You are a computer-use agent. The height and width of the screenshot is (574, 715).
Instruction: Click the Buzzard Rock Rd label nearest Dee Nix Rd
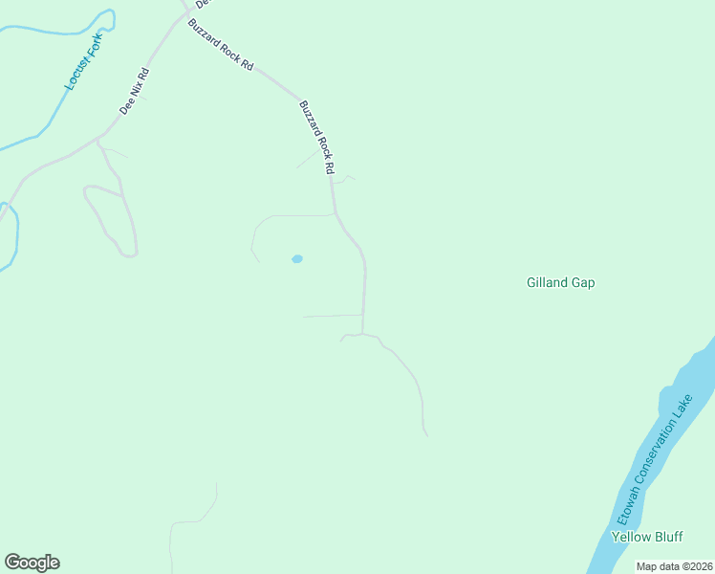tap(221, 44)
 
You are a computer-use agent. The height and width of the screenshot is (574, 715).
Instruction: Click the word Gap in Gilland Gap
tap(583, 282)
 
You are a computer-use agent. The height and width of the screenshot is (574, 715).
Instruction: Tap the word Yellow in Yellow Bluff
tap(630, 536)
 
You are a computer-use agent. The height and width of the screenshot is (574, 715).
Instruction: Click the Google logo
tap(32, 563)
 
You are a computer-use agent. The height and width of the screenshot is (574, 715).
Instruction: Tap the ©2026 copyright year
tap(696, 566)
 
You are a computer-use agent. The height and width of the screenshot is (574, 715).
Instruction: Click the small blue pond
tap(297, 259)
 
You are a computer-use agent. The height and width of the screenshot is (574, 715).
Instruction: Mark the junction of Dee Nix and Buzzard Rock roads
tap(185, 12)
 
